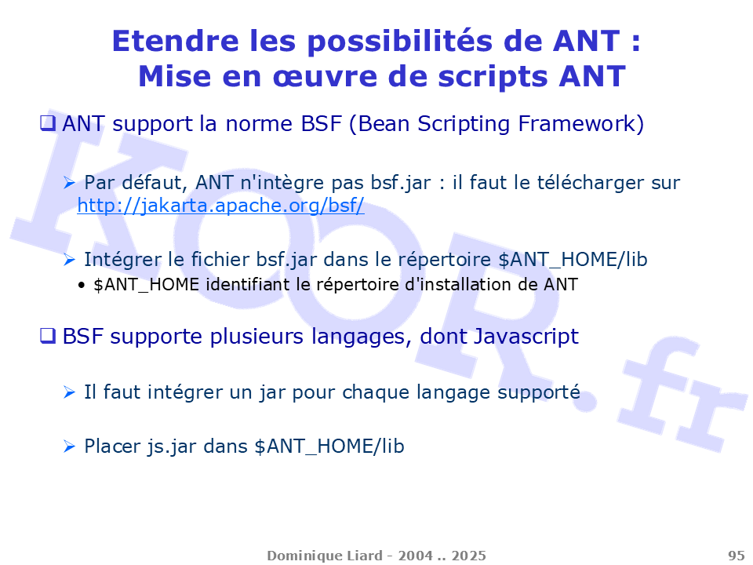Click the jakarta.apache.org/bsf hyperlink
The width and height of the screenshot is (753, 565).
[220, 206]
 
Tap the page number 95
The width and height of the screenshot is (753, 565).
[737, 556]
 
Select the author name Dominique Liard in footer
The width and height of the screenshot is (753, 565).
[325, 556]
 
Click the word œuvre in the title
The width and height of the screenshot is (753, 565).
[325, 77]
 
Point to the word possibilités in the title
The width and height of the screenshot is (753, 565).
[399, 42]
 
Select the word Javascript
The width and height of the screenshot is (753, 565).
[526, 337]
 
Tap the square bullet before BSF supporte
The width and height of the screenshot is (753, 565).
[48, 336]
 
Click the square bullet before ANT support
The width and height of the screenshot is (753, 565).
[48, 123]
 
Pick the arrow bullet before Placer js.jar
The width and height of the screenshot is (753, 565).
[69, 447]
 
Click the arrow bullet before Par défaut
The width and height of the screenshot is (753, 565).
[69, 183]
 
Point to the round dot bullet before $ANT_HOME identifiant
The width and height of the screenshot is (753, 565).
[81, 286]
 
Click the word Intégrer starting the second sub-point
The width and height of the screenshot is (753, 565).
[123, 260]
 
